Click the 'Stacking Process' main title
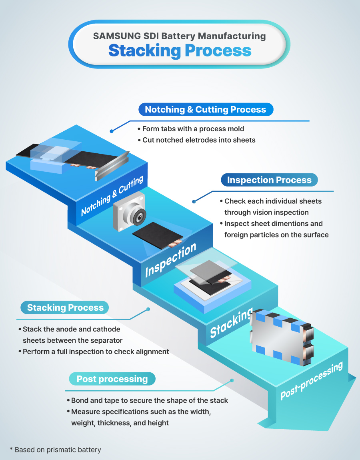pyautogui.click(x=180, y=51)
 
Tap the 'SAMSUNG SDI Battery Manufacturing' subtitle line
pyautogui.click(x=180, y=36)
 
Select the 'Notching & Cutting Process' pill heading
pyautogui.click(x=205, y=110)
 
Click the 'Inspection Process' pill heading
pyautogui.click(x=269, y=180)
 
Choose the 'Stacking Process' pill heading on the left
pyautogui.click(x=65, y=307)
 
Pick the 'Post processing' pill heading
pyautogui.click(x=112, y=379)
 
